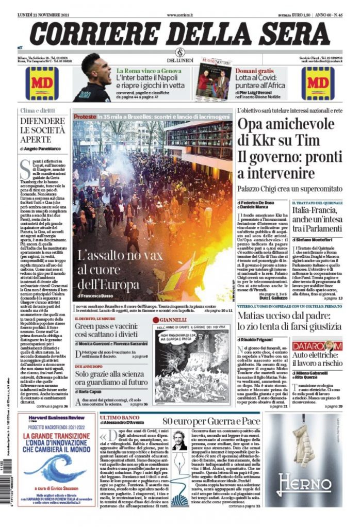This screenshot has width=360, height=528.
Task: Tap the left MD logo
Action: click(42, 82)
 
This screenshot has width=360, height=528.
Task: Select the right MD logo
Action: click(318, 82)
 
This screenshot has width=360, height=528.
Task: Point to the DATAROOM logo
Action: click(317, 345)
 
